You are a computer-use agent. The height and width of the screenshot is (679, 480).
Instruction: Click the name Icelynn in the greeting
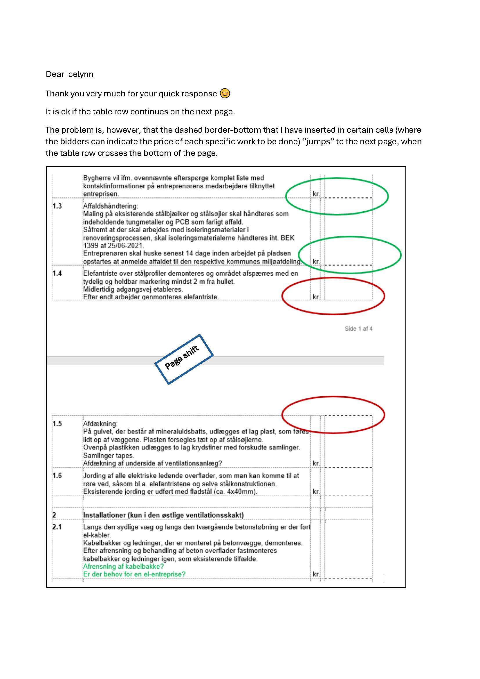[x=80, y=74]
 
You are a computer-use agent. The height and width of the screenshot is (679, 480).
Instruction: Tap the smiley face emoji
[x=225, y=94]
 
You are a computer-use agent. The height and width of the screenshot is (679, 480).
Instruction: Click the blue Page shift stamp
[x=183, y=360]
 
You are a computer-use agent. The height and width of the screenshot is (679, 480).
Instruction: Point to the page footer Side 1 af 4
[x=358, y=329]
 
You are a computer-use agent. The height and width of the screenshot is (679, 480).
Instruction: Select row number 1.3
[x=57, y=206]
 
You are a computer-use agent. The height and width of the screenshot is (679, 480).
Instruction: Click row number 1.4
[x=57, y=273]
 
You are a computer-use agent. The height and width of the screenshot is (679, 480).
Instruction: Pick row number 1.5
[x=57, y=424]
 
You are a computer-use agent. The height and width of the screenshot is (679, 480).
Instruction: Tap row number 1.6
[x=57, y=476]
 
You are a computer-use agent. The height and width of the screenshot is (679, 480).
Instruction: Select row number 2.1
[x=57, y=527]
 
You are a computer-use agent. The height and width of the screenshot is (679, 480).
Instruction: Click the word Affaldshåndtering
[x=110, y=206]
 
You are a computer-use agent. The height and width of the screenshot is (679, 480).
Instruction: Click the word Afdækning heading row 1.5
[x=100, y=424]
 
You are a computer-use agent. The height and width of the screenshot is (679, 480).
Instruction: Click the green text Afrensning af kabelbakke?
[x=123, y=567]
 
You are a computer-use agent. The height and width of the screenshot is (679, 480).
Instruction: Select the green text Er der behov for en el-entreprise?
[x=134, y=574]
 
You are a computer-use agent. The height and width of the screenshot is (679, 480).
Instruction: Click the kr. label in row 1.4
[x=316, y=297]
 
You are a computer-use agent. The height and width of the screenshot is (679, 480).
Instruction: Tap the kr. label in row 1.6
[x=316, y=491]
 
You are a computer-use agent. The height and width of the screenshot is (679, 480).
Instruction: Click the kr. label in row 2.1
[x=316, y=574]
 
